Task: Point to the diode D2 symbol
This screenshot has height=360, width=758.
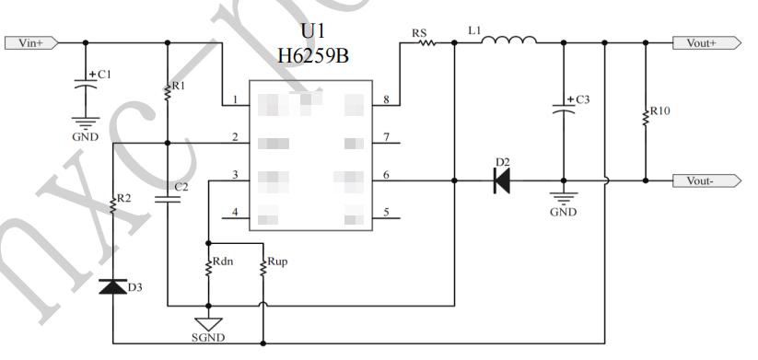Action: (x=502, y=180)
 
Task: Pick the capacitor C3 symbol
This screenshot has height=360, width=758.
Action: (x=564, y=108)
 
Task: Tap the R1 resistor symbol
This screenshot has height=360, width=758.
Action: (x=167, y=90)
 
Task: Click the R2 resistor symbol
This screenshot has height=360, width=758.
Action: (x=112, y=204)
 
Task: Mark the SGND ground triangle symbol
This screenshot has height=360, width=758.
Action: (x=209, y=324)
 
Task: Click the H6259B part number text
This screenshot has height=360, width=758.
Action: (x=312, y=56)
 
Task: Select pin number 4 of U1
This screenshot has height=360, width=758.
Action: (x=236, y=213)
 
